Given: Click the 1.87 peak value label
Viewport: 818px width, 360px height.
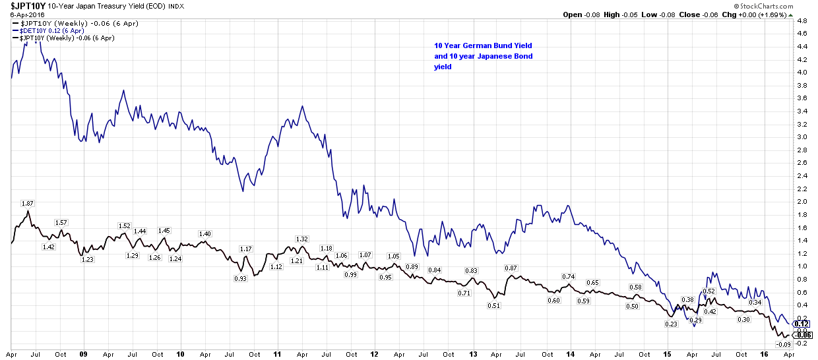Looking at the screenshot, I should click(x=28, y=203).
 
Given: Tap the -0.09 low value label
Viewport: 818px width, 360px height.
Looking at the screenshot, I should click(x=783, y=344).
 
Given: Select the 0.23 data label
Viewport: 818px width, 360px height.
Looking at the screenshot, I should click(x=671, y=324).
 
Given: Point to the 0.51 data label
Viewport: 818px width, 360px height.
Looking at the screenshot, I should click(x=494, y=305).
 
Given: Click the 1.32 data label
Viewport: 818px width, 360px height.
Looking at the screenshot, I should click(x=302, y=239).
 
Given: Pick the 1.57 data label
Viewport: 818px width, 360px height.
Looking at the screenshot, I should click(x=61, y=222).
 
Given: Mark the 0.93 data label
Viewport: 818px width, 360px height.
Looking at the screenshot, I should click(x=240, y=278).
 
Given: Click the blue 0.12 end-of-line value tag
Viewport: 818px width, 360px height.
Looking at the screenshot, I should click(x=802, y=324).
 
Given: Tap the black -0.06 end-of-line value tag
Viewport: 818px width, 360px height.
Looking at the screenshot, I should click(x=802, y=335).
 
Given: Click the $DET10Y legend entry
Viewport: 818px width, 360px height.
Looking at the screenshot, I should click(x=45, y=30).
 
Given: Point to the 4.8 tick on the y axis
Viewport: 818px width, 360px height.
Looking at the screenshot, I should click(x=802, y=21).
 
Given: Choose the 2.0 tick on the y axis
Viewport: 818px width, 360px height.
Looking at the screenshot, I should click(x=802, y=201).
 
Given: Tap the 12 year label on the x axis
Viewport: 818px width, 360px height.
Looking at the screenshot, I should click(x=375, y=354).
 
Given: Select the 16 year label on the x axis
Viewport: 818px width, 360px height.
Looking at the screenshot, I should click(x=765, y=354).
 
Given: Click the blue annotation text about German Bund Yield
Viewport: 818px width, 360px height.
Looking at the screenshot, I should click(x=483, y=56).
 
